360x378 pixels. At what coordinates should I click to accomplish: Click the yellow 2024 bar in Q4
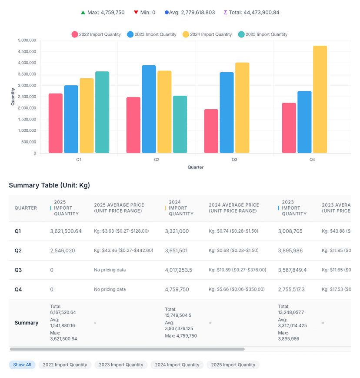click(x=320, y=100)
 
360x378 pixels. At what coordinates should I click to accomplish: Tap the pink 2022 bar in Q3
click(x=211, y=131)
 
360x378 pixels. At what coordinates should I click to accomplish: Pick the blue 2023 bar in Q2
click(x=149, y=109)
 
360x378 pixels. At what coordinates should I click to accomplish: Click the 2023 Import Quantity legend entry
click(x=152, y=34)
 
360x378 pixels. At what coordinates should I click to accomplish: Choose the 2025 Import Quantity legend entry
click(x=263, y=34)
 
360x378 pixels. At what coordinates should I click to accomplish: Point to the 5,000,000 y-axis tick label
click(x=27, y=40)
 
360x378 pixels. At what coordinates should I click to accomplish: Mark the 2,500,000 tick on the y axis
click(x=27, y=97)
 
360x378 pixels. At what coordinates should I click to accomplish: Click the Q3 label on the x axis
click(x=234, y=160)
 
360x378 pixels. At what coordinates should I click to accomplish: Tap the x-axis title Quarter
click(x=195, y=167)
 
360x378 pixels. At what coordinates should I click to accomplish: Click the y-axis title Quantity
click(x=13, y=97)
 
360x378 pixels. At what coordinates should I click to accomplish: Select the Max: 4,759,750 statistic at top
click(x=103, y=13)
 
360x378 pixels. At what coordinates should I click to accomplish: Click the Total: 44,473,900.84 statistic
click(x=251, y=13)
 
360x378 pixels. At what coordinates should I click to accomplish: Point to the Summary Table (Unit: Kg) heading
click(x=49, y=185)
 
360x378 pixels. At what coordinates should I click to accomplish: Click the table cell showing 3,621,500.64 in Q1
click(x=66, y=231)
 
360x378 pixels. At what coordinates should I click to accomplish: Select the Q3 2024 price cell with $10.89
click(x=237, y=270)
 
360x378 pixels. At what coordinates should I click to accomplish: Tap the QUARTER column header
click(x=26, y=208)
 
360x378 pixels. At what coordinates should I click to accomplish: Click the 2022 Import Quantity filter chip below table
click(x=65, y=365)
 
